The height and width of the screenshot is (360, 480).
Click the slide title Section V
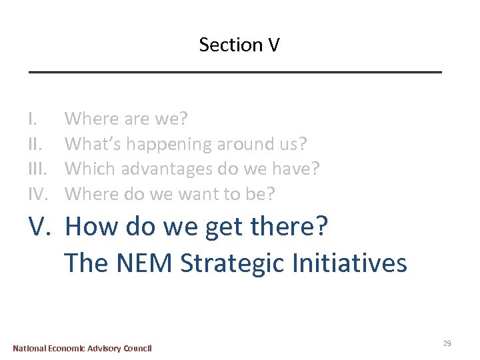[x=239, y=45]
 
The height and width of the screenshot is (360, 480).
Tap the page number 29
[x=447, y=343]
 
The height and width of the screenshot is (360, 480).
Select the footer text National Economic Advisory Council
[x=83, y=348]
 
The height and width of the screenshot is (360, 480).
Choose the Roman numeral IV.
[x=39, y=194]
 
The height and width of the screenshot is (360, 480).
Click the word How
[x=92, y=227]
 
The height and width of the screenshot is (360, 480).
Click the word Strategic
[x=233, y=263]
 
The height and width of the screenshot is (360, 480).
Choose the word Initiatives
[x=349, y=263]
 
